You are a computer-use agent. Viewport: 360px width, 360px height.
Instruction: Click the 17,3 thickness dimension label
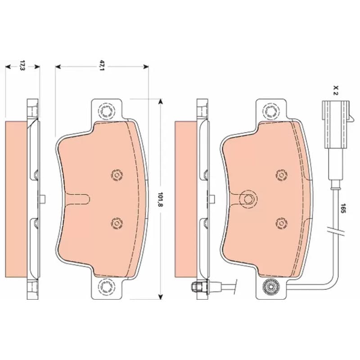(x=22, y=65)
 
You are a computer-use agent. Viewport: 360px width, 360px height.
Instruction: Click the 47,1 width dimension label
(x=102, y=65)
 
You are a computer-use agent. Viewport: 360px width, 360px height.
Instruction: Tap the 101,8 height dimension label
(x=160, y=199)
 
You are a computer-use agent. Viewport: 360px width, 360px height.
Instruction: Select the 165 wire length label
(x=343, y=208)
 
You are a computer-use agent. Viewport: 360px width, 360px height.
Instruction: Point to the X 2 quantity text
(x=336, y=90)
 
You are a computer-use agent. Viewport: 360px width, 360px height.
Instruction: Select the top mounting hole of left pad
(x=106, y=111)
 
